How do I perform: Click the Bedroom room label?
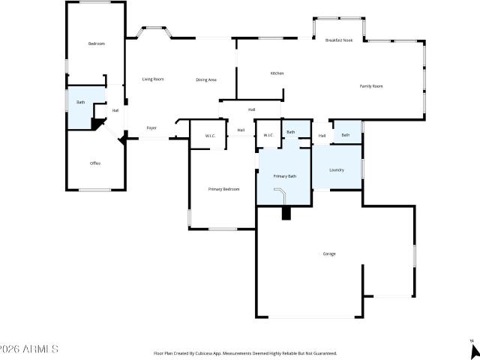[x=96, y=43]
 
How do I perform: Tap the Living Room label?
[x=153, y=79]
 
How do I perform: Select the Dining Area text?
[x=206, y=79]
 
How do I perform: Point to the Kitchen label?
[x=277, y=73]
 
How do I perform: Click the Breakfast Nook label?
[x=339, y=40]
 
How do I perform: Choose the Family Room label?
[x=371, y=86]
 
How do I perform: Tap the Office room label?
[x=95, y=163]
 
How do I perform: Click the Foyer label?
[x=151, y=128]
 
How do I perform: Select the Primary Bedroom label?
[x=223, y=189]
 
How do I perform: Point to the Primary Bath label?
[x=284, y=175]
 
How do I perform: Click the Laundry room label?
[x=337, y=169]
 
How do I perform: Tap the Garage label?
[x=329, y=253]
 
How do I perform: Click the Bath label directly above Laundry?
[x=345, y=135]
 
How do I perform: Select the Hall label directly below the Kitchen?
[x=251, y=109]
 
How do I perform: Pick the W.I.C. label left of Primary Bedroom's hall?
[x=211, y=136]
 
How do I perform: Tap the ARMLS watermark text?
[x=30, y=349]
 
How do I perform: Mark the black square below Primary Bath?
[x=286, y=213]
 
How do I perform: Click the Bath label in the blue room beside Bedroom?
[x=80, y=101]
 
